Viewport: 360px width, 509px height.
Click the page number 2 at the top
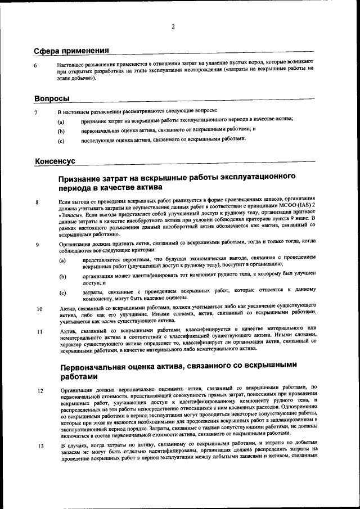click(x=173, y=26)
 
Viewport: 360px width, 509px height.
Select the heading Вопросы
click(x=52, y=98)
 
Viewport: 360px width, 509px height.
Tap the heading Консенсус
click(x=55, y=161)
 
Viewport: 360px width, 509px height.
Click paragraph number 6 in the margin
click(x=35, y=66)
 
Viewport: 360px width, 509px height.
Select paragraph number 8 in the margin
click(x=37, y=202)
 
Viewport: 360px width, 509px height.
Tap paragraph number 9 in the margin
click(x=37, y=245)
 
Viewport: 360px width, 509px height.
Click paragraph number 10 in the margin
click(x=39, y=309)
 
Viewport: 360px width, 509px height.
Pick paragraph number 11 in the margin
click(x=39, y=332)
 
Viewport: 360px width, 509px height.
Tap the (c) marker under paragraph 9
click(x=62, y=293)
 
